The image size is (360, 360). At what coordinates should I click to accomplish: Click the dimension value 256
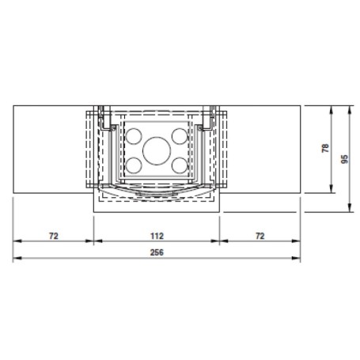click(x=157, y=252)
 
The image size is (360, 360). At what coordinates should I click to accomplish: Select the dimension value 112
click(x=157, y=236)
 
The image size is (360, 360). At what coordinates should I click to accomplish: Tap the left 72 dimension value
click(x=54, y=236)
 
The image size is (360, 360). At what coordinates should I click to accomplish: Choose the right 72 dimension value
click(x=260, y=236)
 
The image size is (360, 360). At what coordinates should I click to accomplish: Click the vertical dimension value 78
click(x=325, y=148)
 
